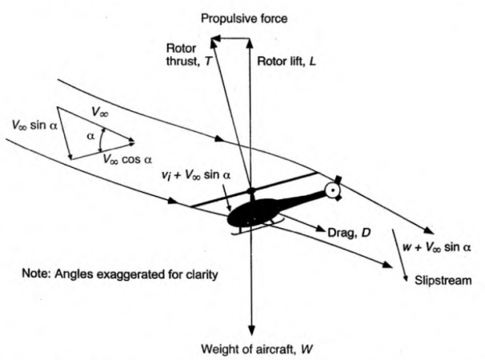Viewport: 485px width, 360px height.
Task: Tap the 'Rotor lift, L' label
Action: tap(286, 61)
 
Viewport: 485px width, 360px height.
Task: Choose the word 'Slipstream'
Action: tap(438, 280)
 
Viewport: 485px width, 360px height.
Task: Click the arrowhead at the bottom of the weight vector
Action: tap(252, 332)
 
